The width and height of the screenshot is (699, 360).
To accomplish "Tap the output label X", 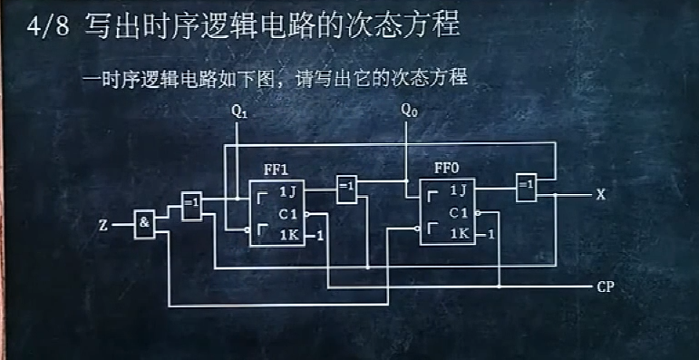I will [x=599, y=194].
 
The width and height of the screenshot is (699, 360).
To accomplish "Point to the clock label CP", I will [x=607, y=287].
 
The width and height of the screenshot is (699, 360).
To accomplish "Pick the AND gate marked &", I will [x=144, y=223].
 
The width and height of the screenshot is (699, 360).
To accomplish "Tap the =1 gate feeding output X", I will [x=526, y=187].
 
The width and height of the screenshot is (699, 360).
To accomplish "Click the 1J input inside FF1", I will [x=286, y=192].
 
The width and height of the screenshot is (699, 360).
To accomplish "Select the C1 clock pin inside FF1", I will [x=287, y=215].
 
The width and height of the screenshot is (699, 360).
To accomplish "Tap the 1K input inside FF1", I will [x=286, y=236].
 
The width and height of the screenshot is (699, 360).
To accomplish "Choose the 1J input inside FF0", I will [x=457, y=190].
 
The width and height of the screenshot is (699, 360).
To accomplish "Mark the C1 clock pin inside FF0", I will [x=458, y=214].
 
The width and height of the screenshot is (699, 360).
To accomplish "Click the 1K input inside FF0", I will [x=458, y=235].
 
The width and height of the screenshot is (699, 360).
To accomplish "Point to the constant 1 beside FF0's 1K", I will [x=490, y=235].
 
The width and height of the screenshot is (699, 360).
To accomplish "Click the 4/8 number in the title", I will [x=44, y=24].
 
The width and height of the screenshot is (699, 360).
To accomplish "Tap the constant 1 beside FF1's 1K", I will [x=320, y=237].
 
